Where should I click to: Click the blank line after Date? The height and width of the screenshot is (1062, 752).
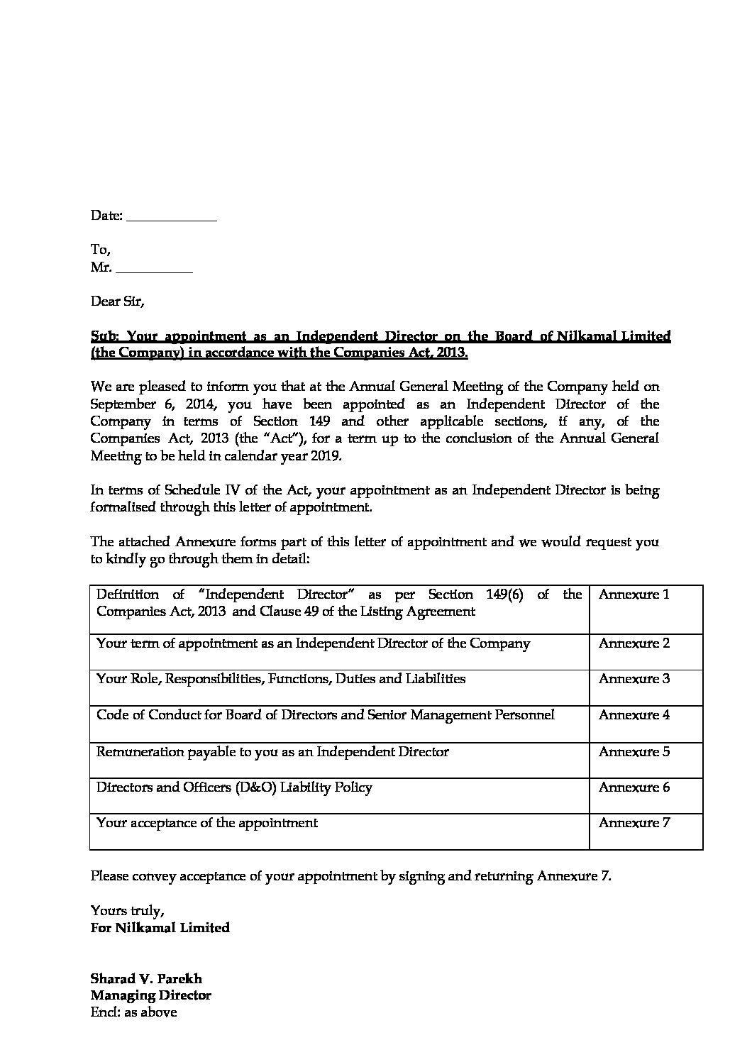click(x=171, y=217)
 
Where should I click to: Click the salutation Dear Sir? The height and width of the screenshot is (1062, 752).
click(x=117, y=301)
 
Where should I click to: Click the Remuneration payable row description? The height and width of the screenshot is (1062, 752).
click(x=272, y=751)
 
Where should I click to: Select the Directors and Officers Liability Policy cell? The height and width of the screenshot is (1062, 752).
click(x=234, y=787)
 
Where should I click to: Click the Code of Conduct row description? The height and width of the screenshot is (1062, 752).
click(x=325, y=715)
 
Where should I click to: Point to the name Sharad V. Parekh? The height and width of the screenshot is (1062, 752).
click(x=146, y=979)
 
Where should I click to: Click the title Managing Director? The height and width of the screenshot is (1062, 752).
click(x=150, y=995)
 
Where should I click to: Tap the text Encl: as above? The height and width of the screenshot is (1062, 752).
click(x=133, y=1012)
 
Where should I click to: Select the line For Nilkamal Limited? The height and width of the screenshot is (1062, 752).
click(x=160, y=928)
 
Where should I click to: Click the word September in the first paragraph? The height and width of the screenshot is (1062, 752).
click(x=123, y=404)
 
